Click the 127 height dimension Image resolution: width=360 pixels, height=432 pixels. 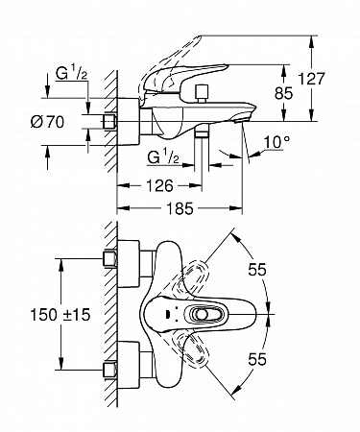tap(311, 79)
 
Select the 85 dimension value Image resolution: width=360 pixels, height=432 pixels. tap(283, 93)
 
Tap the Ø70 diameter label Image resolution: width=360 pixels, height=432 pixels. tap(48, 122)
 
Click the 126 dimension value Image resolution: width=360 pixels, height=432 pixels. tap(159, 185)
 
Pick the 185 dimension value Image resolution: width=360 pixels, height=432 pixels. tap(180, 208)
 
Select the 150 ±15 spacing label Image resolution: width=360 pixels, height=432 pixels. tap(60, 315)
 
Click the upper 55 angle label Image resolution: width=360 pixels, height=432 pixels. tap(257, 270)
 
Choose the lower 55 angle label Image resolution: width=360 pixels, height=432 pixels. tap(257, 359)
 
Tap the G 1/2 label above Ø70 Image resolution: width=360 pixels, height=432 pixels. tap(71, 73)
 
